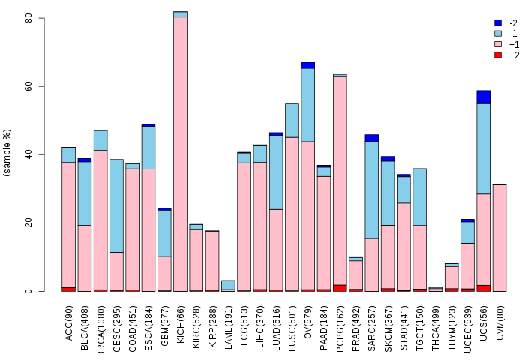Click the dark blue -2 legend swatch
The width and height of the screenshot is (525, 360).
[498, 22]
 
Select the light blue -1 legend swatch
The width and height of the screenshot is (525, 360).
[498, 34]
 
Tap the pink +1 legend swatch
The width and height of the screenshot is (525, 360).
[498, 44]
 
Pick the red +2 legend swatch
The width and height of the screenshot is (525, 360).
[498, 55]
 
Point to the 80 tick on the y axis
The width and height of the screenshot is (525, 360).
[41, 18]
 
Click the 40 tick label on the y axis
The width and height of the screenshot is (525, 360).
[28, 154]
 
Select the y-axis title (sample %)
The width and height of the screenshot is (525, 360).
[7, 153]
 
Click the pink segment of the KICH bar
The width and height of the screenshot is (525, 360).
[181, 154]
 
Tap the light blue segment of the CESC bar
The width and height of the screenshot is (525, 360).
[116, 206]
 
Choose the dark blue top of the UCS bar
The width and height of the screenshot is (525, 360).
[484, 97]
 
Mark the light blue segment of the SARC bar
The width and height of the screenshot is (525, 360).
[372, 190]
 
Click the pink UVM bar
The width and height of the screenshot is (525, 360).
[499, 238]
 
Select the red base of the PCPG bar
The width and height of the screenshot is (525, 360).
[340, 288]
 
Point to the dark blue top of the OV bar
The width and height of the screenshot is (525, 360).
[308, 65]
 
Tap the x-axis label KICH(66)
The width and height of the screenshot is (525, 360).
[181, 324]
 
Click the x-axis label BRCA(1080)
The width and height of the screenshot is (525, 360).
[100, 331]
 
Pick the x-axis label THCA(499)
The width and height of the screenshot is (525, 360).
[435, 328]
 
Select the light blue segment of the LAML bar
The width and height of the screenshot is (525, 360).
[228, 285]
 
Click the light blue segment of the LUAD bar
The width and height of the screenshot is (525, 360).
[276, 172]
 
